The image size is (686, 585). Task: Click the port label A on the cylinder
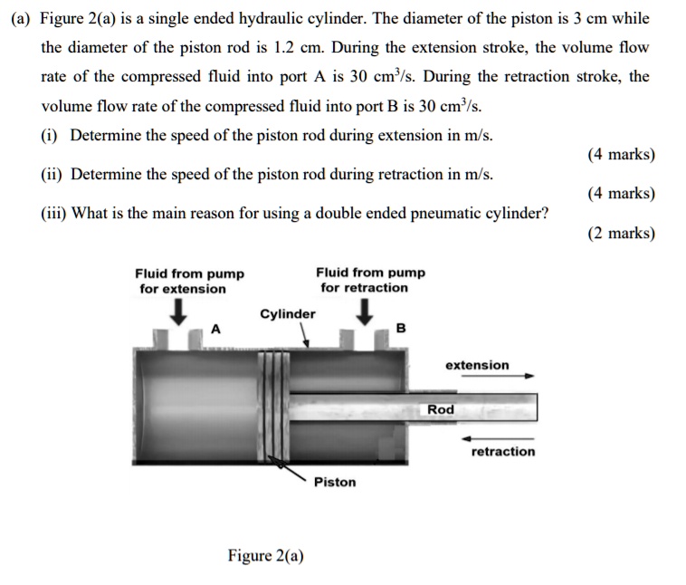tap(215, 328)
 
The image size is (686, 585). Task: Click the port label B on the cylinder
tap(402, 328)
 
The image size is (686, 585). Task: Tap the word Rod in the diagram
tap(441, 409)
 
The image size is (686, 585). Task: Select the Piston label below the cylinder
tap(335, 482)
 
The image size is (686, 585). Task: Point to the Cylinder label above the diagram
tap(288, 314)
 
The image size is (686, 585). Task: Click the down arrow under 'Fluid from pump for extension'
tap(180, 312)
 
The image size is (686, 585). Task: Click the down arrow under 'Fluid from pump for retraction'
tap(365, 312)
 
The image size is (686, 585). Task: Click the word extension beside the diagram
tap(477, 365)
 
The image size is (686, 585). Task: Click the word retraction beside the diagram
tap(503, 451)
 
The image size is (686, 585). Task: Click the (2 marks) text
tap(621, 234)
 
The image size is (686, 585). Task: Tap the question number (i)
tap(51, 136)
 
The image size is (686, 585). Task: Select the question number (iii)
tap(53, 215)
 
